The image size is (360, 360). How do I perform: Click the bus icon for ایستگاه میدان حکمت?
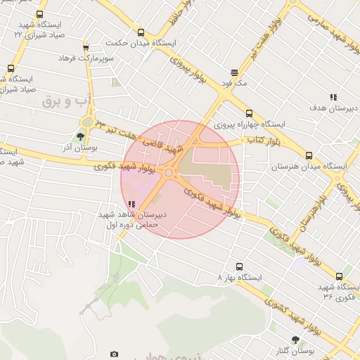(141, 32)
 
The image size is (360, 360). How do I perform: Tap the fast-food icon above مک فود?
(235, 72)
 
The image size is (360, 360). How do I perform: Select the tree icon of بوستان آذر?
(82, 137)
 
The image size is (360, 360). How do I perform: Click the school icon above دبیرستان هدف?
(333, 97)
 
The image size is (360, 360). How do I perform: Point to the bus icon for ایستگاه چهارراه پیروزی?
(249, 112)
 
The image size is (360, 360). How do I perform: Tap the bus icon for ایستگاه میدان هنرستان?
(309, 155)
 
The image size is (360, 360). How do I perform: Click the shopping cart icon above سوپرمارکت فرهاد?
(86, 47)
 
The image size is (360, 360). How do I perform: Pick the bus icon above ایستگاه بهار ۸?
(240, 266)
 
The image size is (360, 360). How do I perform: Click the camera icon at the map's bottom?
(115, 354)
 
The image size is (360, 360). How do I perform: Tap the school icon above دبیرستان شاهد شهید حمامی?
(131, 204)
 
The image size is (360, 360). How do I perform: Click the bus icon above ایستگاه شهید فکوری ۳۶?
(340, 276)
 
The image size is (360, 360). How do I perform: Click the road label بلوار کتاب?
(262, 141)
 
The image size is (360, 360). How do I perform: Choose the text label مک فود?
(235, 83)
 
